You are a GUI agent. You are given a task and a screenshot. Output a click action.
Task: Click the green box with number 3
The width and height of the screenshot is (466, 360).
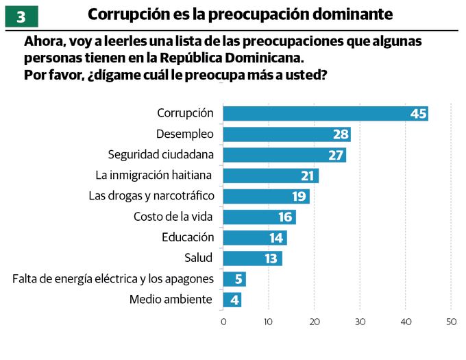pyautogui.click(x=21, y=15)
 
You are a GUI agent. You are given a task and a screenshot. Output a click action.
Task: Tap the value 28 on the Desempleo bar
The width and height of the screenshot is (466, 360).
pyautogui.click(x=341, y=134)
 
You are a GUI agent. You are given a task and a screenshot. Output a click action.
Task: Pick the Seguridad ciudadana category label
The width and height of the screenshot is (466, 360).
pyautogui.click(x=160, y=155)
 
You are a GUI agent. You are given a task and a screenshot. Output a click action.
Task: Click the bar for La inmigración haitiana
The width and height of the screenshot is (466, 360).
pyautogui.click(x=270, y=176)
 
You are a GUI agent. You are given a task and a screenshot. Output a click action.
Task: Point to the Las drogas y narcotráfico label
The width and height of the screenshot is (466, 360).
pyautogui.click(x=151, y=196)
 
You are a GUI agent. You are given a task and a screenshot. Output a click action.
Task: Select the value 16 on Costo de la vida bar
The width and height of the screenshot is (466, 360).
pyautogui.click(x=286, y=217)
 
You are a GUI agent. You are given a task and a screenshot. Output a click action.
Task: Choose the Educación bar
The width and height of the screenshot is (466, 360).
pyautogui.click(x=254, y=238)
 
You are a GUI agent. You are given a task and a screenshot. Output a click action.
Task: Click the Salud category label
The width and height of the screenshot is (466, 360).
pyautogui.click(x=199, y=259)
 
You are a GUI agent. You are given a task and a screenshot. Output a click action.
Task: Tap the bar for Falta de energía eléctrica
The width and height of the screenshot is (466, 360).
pyautogui.click(x=234, y=279)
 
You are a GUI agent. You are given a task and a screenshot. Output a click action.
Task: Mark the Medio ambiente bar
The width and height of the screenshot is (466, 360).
pyautogui.click(x=232, y=300)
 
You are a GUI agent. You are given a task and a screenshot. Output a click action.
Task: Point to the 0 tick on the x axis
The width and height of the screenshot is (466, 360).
pyautogui.click(x=223, y=321)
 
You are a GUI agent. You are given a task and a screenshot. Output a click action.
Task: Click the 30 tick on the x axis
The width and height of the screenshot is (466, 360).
pyautogui.click(x=360, y=321)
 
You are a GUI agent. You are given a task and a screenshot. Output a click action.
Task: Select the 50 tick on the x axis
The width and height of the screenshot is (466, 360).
pyautogui.click(x=451, y=321)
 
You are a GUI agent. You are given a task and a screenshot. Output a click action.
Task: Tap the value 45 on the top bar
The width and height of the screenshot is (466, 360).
pyautogui.click(x=418, y=114)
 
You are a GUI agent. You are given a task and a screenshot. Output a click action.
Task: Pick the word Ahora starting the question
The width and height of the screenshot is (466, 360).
pyautogui.click(x=42, y=42)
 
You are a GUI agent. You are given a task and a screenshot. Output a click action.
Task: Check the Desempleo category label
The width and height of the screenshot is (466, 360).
pyautogui.click(x=185, y=134)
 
